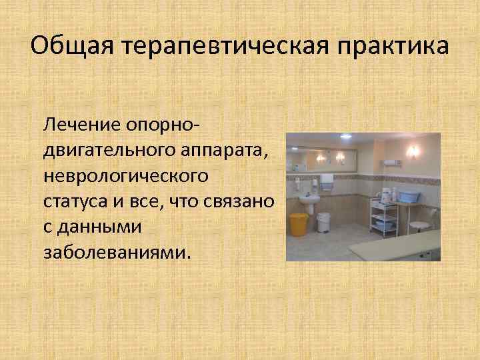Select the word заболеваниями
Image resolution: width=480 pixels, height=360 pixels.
(117, 252)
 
